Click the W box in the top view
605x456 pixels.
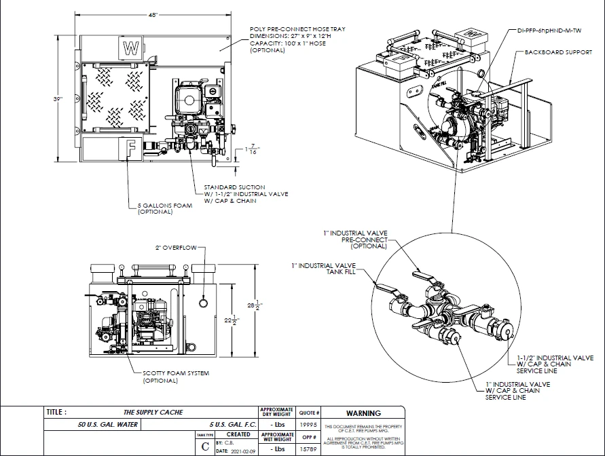130,47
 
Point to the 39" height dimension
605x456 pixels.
59,98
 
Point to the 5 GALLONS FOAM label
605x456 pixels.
165,208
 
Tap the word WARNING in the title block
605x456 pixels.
363,413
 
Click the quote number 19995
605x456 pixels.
309,425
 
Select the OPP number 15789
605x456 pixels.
309,449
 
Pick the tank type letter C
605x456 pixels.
205,446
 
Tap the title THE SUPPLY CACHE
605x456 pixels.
153,413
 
